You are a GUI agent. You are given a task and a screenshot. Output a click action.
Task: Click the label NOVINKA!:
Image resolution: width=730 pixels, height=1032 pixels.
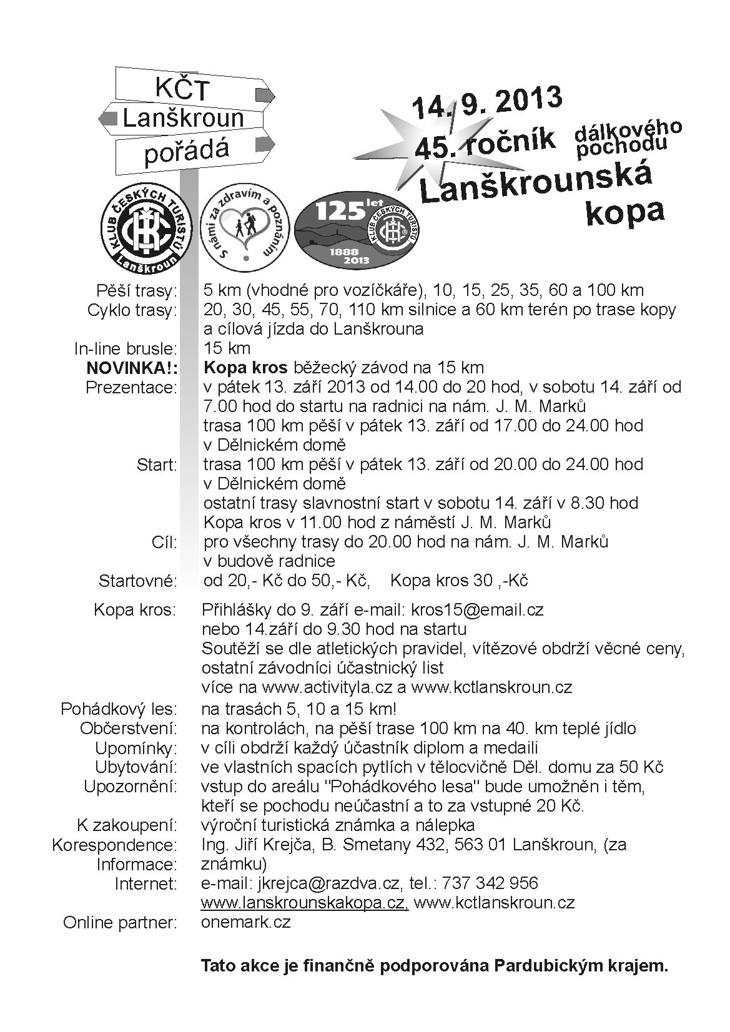pos(132,368)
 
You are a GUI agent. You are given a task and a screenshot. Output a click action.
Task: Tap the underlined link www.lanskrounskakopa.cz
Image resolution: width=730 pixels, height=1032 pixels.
pos(305,903)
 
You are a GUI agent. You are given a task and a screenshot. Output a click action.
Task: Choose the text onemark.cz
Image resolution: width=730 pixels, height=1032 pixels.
pos(246,922)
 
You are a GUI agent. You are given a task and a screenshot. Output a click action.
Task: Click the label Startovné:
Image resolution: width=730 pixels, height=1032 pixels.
pos(138,581)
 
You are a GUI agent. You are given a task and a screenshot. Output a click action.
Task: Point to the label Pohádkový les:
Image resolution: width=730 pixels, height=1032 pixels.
pos(119,710)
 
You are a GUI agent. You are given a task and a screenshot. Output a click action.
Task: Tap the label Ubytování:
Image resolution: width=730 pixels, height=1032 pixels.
pos(136,767)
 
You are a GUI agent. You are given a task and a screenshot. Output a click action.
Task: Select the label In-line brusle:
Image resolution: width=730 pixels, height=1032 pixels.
pos(126,349)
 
